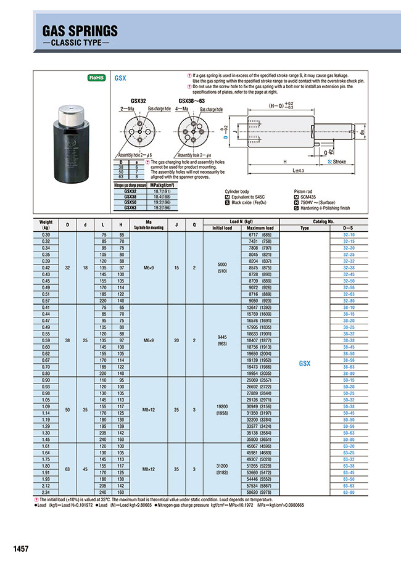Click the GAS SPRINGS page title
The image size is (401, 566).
tap(80, 31)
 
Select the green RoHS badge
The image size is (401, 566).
tap(96, 78)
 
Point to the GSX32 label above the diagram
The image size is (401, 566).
tap(139, 100)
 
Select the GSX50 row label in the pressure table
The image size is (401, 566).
tap(125, 201)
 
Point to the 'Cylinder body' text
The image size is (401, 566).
tap(236, 191)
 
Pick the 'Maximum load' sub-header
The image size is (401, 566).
tap(260, 228)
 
